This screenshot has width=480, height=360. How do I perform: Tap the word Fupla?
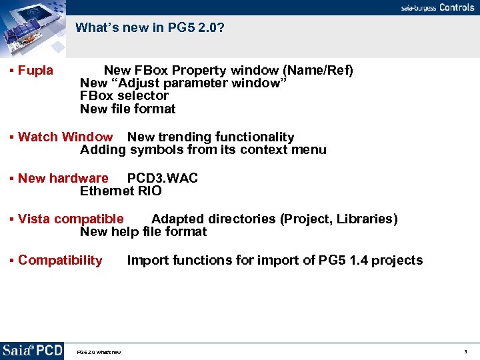point(35,71)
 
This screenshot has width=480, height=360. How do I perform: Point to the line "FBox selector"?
point(124,96)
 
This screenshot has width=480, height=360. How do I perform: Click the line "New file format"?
point(127,109)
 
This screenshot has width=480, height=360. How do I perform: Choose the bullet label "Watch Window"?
point(65,137)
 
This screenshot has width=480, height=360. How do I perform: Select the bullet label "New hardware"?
point(63,179)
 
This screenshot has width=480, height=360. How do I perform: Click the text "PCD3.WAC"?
point(162,179)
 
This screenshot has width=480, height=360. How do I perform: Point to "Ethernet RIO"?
point(121,191)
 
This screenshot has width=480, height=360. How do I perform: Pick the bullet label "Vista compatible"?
point(71,219)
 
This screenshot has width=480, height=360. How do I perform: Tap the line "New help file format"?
point(143,232)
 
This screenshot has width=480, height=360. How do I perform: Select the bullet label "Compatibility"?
point(60,261)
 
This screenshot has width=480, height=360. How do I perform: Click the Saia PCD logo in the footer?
point(32,351)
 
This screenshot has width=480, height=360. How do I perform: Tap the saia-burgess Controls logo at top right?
point(437,7)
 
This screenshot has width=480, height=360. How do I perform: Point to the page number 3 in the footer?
point(465,351)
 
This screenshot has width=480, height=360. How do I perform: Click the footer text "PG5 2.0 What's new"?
point(99,352)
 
